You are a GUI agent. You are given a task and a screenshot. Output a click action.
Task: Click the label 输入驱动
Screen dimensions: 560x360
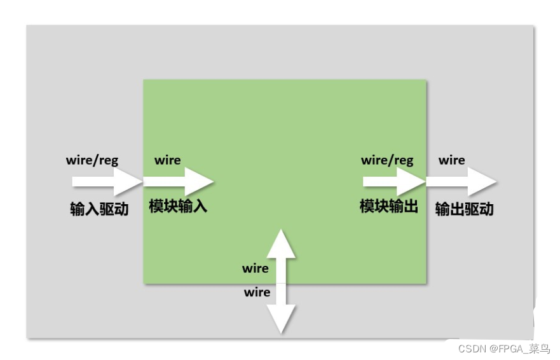(x=99, y=209)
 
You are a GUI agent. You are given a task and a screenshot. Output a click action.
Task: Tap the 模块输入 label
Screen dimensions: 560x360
(x=178, y=206)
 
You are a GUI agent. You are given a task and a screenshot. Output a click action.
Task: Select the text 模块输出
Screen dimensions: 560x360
(x=388, y=206)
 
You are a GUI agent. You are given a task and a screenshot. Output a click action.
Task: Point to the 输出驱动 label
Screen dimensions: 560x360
(x=464, y=209)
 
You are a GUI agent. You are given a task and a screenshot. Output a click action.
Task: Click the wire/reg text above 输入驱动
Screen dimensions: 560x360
(x=92, y=160)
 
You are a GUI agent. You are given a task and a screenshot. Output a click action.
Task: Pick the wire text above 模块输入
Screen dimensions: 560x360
(x=167, y=160)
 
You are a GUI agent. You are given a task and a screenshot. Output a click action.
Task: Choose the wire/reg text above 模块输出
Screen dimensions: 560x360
(x=387, y=160)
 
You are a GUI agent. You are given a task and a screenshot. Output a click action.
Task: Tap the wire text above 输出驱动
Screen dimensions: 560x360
(x=451, y=160)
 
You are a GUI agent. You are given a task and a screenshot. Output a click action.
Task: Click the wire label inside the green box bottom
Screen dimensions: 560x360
(x=256, y=268)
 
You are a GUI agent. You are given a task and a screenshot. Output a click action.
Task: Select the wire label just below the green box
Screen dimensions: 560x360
(x=257, y=293)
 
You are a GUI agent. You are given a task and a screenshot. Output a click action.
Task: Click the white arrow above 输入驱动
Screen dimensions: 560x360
(x=107, y=181)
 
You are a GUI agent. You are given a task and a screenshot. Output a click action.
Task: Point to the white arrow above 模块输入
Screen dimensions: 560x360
(x=178, y=181)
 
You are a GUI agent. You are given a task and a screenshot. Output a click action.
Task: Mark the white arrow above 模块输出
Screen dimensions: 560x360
(x=394, y=181)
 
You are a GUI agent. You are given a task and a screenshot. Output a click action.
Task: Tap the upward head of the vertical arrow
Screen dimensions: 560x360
(x=281, y=243)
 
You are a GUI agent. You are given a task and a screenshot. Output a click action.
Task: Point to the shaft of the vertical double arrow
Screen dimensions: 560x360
(x=281, y=280)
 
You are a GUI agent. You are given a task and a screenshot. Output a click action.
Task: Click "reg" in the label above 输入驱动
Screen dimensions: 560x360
(x=108, y=160)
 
